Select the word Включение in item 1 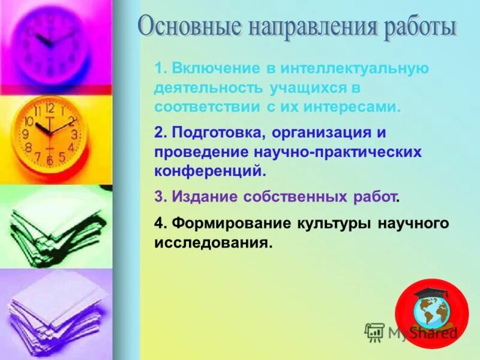[x=215, y=68]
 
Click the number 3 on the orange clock [x=74, y=134]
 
